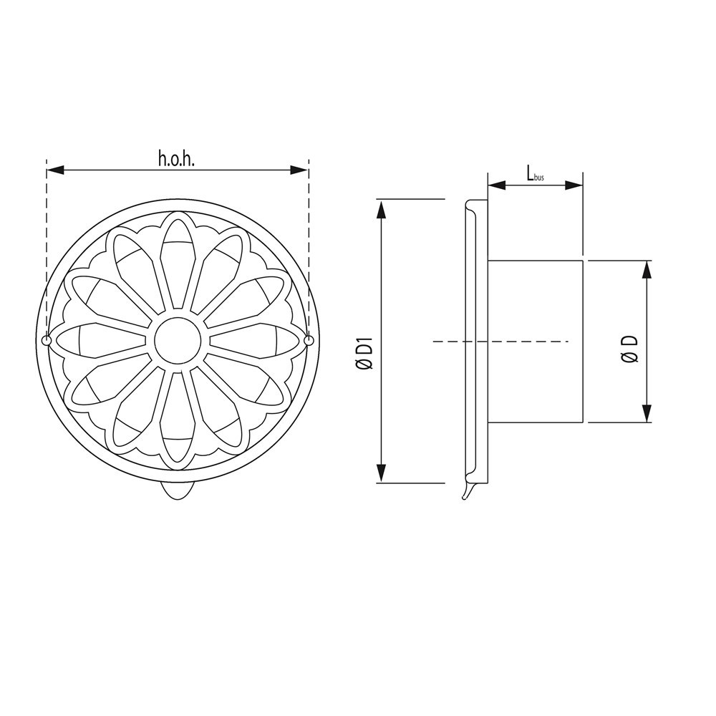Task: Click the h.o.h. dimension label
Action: (x=176, y=158)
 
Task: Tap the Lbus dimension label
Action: (x=534, y=173)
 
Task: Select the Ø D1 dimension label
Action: (x=365, y=355)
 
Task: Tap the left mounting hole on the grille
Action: (x=47, y=341)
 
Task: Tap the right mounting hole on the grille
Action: (x=309, y=341)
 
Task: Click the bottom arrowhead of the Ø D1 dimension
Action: (x=382, y=473)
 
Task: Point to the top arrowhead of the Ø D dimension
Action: (x=647, y=270)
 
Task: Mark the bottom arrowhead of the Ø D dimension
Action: (x=647, y=413)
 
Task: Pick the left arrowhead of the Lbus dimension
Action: (x=496, y=185)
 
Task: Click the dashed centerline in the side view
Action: (x=501, y=342)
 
